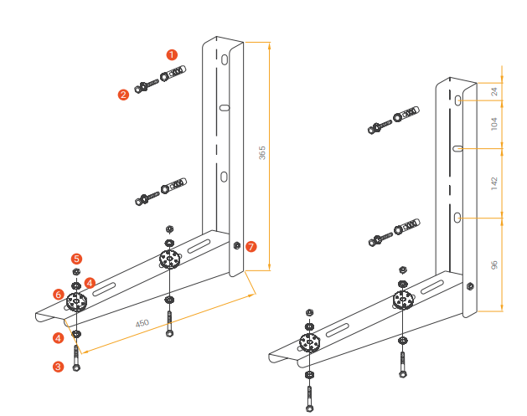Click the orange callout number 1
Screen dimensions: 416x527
coord(172,54)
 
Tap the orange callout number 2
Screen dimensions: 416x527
coord(123,95)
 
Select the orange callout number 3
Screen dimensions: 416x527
coord(58,366)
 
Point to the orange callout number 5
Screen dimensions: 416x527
coord(76,259)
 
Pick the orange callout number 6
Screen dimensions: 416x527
coord(59,295)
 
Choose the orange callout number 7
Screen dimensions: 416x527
coord(251,247)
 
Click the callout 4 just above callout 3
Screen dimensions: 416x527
coord(58,338)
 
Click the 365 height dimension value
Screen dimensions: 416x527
coord(262,153)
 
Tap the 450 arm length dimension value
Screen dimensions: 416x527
coord(143,323)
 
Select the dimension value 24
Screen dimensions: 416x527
coord(494,92)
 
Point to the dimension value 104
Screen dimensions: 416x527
coord(494,124)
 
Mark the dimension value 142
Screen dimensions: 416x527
coord(494,181)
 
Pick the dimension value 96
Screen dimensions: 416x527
coord(494,264)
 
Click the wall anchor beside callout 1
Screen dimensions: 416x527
coord(173,74)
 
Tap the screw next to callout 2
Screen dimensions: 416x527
coord(147,85)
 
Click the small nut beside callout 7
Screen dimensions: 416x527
coord(237,245)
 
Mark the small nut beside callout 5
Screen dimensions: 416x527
coord(75,272)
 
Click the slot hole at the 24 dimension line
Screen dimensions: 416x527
coord(459,100)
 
